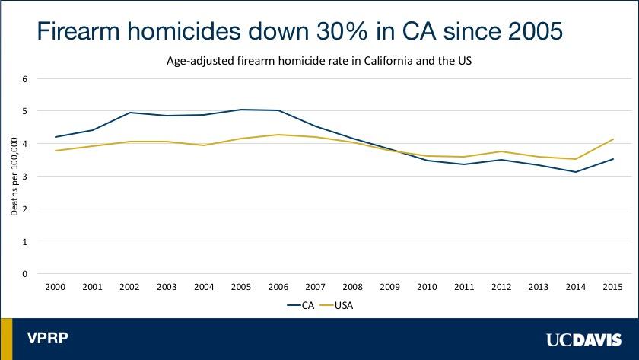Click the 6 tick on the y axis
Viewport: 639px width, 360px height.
coord(24,78)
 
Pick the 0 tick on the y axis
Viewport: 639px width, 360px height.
coord(24,274)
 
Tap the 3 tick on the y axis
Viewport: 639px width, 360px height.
coord(24,177)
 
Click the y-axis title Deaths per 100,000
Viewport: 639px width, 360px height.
coord(14,177)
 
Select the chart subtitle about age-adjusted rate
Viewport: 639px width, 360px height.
coord(319,61)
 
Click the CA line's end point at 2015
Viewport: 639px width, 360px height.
coord(613,159)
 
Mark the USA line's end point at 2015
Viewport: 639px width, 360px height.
coord(613,139)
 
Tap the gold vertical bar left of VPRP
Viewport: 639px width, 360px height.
coord(6,339)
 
